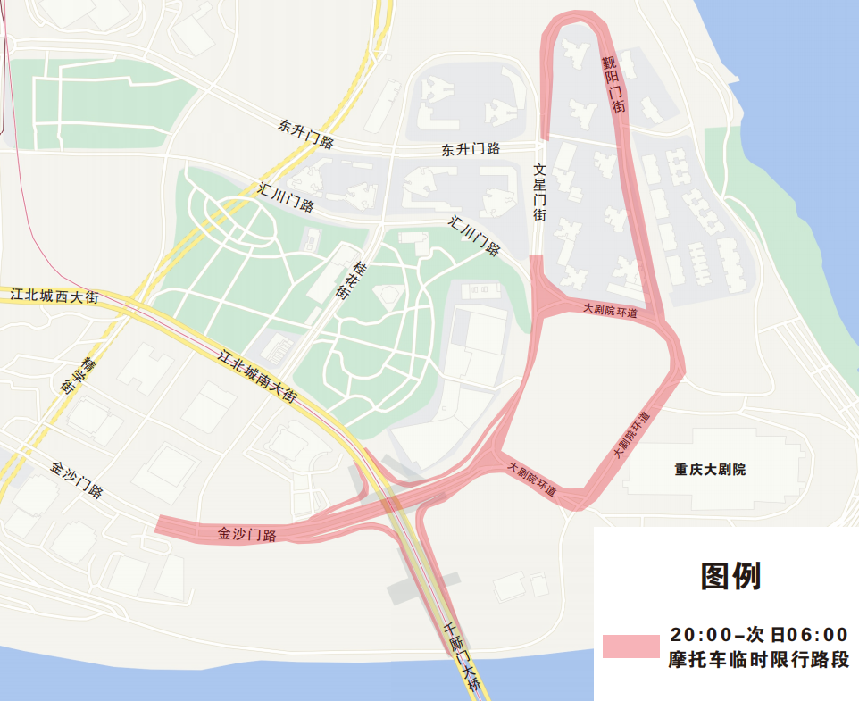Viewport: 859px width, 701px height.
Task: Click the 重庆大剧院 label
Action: (710, 469)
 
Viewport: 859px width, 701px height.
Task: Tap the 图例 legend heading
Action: (730, 577)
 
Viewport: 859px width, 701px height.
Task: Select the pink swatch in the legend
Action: (630, 647)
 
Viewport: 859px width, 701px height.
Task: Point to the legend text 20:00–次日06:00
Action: (758, 635)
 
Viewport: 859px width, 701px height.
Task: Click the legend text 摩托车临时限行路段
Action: (758, 661)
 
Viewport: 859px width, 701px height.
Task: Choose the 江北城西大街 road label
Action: (54, 294)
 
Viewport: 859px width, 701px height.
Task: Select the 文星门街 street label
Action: (539, 192)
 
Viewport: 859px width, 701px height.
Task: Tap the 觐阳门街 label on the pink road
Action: (613, 85)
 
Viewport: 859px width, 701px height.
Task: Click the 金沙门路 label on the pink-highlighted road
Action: (246, 535)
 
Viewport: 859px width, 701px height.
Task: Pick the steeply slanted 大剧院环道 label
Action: (631, 436)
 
